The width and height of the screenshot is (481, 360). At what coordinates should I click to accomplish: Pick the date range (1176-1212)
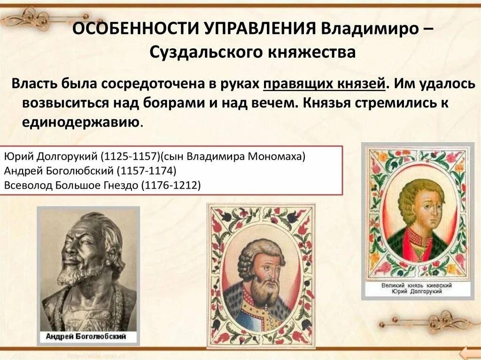(x=171, y=185)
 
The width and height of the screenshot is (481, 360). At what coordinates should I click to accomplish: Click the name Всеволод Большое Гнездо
(x=71, y=185)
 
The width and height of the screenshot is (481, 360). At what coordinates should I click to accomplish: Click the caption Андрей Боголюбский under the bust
(x=88, y=337)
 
